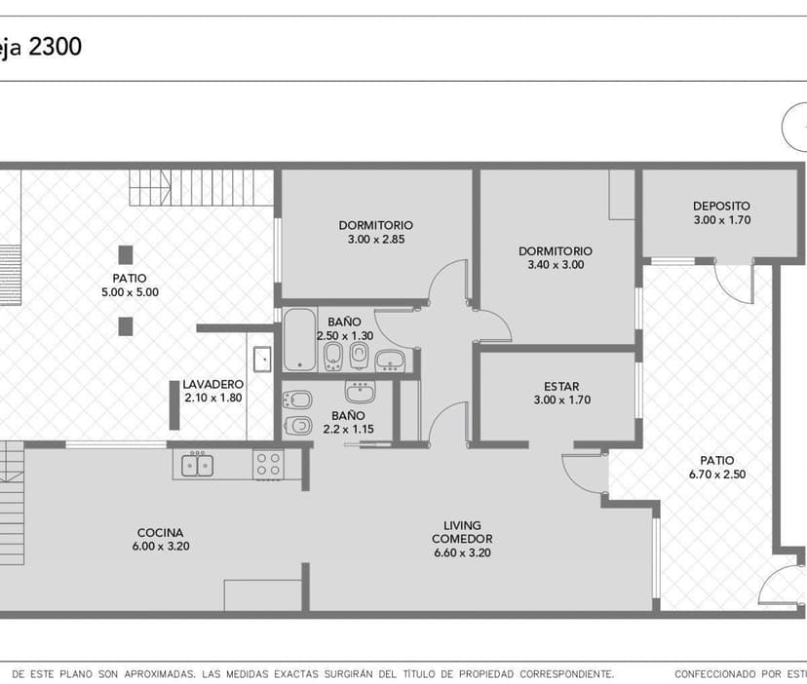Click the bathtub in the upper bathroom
click(300, 340)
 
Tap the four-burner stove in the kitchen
click(268, 463)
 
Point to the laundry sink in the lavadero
click(261, 360)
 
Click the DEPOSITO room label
click(721, 206)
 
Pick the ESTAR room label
click(562, 386)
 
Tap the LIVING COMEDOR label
click(462, 532)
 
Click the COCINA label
click(161, 532)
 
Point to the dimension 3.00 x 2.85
click(375, 239)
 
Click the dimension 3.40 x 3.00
click(555, 264)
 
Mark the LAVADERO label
click(211, 384)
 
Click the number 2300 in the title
click(55, 46)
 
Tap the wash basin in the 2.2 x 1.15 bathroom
click(359, 392)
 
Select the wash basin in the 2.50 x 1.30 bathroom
click(391, 361)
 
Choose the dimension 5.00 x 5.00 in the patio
click(129, 291)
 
